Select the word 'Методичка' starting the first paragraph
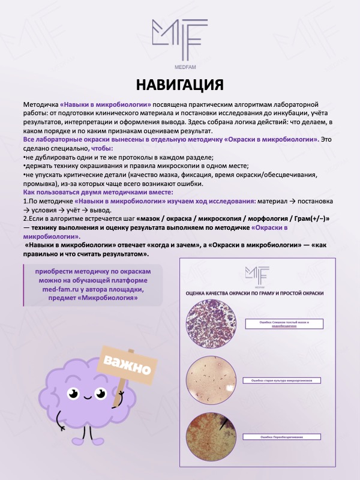tap(41, 104)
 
